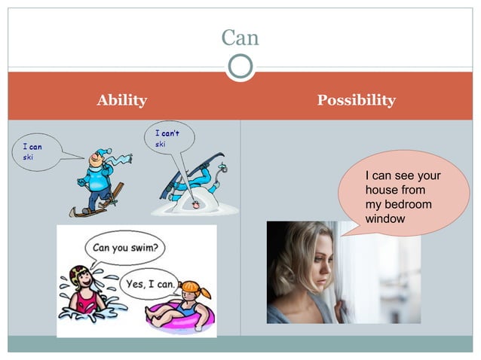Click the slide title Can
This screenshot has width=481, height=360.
240,37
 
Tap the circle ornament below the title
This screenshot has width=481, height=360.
240,68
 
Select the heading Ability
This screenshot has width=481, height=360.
121,100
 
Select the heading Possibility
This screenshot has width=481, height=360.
356,100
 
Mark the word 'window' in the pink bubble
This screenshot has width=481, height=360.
384,218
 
